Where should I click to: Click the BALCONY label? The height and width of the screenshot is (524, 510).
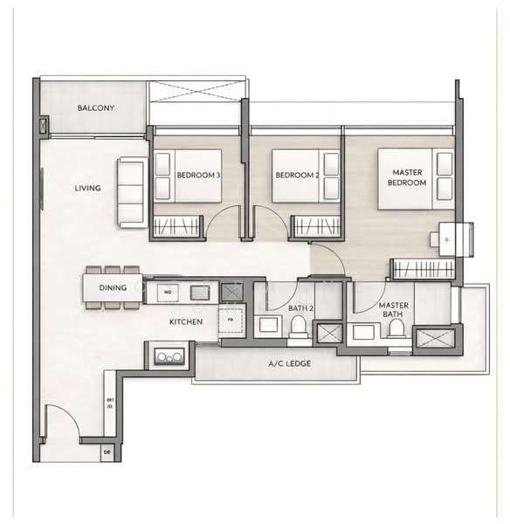coord(95,107)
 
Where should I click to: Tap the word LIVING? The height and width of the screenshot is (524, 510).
coord(87,188)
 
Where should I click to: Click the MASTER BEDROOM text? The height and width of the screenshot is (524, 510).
coord(407,178)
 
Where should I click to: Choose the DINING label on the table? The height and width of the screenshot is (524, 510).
coord(113,287)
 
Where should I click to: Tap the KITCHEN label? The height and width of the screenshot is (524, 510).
coord(186,322)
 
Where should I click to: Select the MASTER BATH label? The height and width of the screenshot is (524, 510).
coord(394,311)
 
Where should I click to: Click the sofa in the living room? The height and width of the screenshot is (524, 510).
coord(132,192)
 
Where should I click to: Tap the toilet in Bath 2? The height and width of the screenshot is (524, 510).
coord(297,326)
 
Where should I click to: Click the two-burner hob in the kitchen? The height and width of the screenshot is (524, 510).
coord(169,355)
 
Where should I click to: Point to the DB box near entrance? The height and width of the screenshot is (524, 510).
coord(107,452)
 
